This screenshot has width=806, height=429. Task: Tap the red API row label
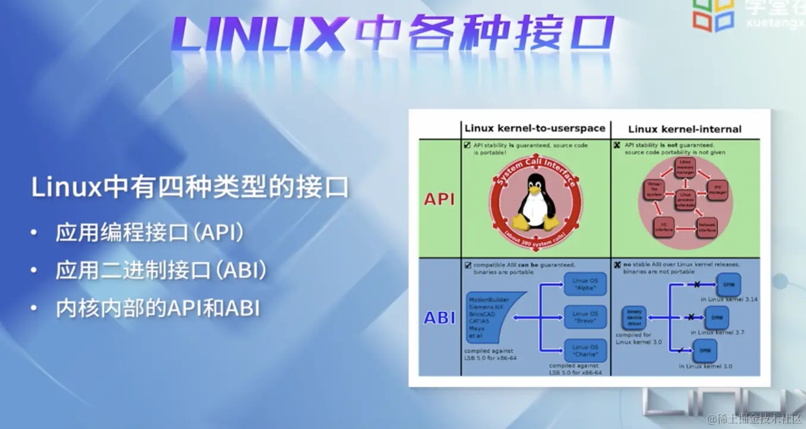[439, 199]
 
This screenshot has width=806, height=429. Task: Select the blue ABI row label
[439, 318]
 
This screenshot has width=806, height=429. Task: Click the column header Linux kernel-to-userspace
[535, 128]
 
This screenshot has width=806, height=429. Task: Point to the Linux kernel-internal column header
[685, 129]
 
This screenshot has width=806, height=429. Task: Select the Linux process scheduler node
[685, 200]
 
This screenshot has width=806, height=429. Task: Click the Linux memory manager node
[685, 168]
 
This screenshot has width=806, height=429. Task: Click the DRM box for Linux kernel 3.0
[704, 351]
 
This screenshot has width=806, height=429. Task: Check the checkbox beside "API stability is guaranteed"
[467, 144]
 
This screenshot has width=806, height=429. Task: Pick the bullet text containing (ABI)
[160, 271]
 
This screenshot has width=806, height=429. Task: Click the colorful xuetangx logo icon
[713, 14]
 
